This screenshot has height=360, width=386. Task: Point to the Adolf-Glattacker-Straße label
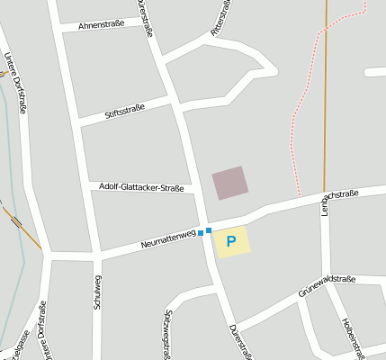click(142, 188)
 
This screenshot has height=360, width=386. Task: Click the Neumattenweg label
click(168, 239)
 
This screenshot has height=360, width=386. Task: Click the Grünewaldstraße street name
click(327, 285)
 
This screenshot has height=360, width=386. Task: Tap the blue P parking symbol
click(231, 241)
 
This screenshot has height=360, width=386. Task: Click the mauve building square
click(229, 183)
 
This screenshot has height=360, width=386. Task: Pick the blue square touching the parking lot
click(209, 230)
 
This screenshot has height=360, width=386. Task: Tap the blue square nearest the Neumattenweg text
click(201, 234)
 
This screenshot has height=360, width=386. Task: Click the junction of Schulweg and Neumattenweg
click(97, 256)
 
